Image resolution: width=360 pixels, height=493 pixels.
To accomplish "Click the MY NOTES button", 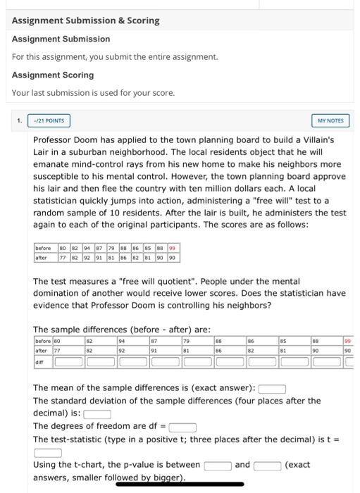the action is coord(330,121).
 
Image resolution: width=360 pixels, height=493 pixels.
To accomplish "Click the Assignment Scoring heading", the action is coord(53,75).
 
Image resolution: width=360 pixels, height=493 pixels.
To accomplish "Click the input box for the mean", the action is coord(271,388).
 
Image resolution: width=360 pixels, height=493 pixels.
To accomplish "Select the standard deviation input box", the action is coord(97,413).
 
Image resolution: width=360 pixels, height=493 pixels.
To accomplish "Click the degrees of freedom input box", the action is coord(182,426).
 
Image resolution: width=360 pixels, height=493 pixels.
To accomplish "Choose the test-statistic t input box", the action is coord(48,451).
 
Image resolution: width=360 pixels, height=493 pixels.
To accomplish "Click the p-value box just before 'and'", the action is coord(218,465).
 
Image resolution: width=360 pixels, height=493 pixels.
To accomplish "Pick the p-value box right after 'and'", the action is coord(268,465).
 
